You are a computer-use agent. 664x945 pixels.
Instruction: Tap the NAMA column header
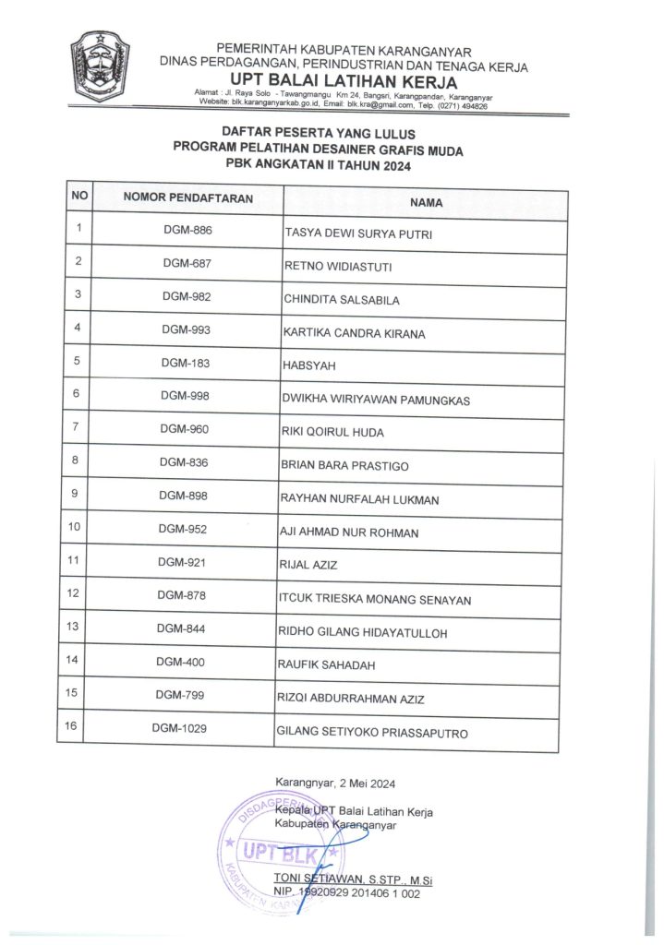tap(426, 202)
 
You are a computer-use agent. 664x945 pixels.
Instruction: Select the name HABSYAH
tap(309, 366)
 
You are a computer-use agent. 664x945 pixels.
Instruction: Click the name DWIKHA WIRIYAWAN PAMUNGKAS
tap(376, 400)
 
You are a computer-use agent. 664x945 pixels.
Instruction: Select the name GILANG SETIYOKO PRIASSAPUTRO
tap(372, 734)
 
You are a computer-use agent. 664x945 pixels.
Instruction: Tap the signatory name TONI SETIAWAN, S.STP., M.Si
tap(353, 879)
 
